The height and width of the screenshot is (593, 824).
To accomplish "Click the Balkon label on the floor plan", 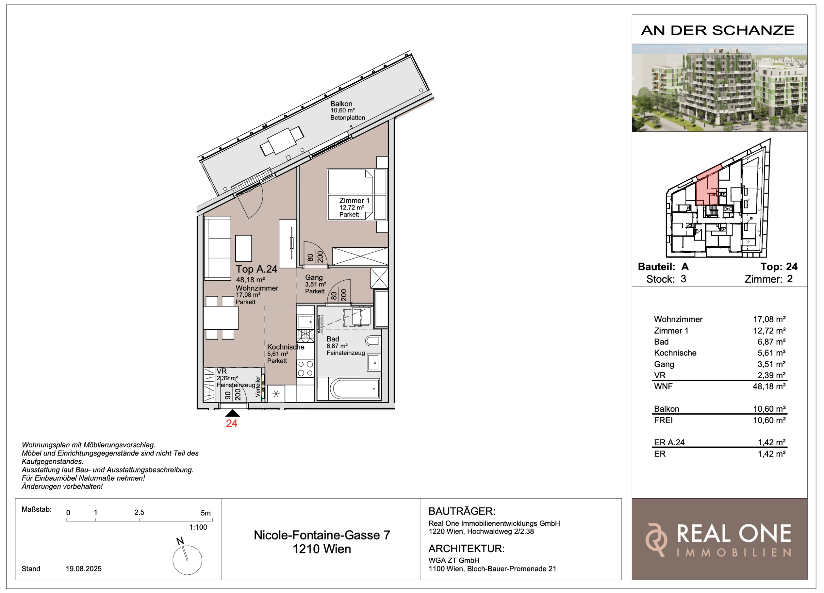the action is pos(341,104).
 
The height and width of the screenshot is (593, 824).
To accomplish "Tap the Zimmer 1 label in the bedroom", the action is pos(354,200).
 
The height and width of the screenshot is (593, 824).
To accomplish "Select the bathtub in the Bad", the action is pos(355,388).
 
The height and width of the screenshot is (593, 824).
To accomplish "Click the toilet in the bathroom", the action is pos(373,341).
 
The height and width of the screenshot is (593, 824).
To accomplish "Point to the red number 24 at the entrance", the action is pos(232,423).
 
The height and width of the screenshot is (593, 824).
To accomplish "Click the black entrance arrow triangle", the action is pos(232,413).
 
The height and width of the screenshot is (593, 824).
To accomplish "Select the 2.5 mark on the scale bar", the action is pos(139,512).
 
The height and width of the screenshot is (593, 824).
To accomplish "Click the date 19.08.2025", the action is pos(83,569).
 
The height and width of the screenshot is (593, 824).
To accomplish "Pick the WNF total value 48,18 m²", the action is pos(769,386).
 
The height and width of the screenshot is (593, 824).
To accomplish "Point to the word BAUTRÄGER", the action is pos(462,511).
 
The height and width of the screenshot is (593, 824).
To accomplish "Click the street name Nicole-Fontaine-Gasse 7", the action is pos(322,535).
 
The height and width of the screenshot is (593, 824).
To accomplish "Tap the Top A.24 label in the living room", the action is pos(256,269).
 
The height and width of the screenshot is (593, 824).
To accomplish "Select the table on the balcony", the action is pos(282,141).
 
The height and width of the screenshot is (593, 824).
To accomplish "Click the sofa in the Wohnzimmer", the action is pos(217,248).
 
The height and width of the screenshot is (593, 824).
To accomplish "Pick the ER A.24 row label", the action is pos(669,442).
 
